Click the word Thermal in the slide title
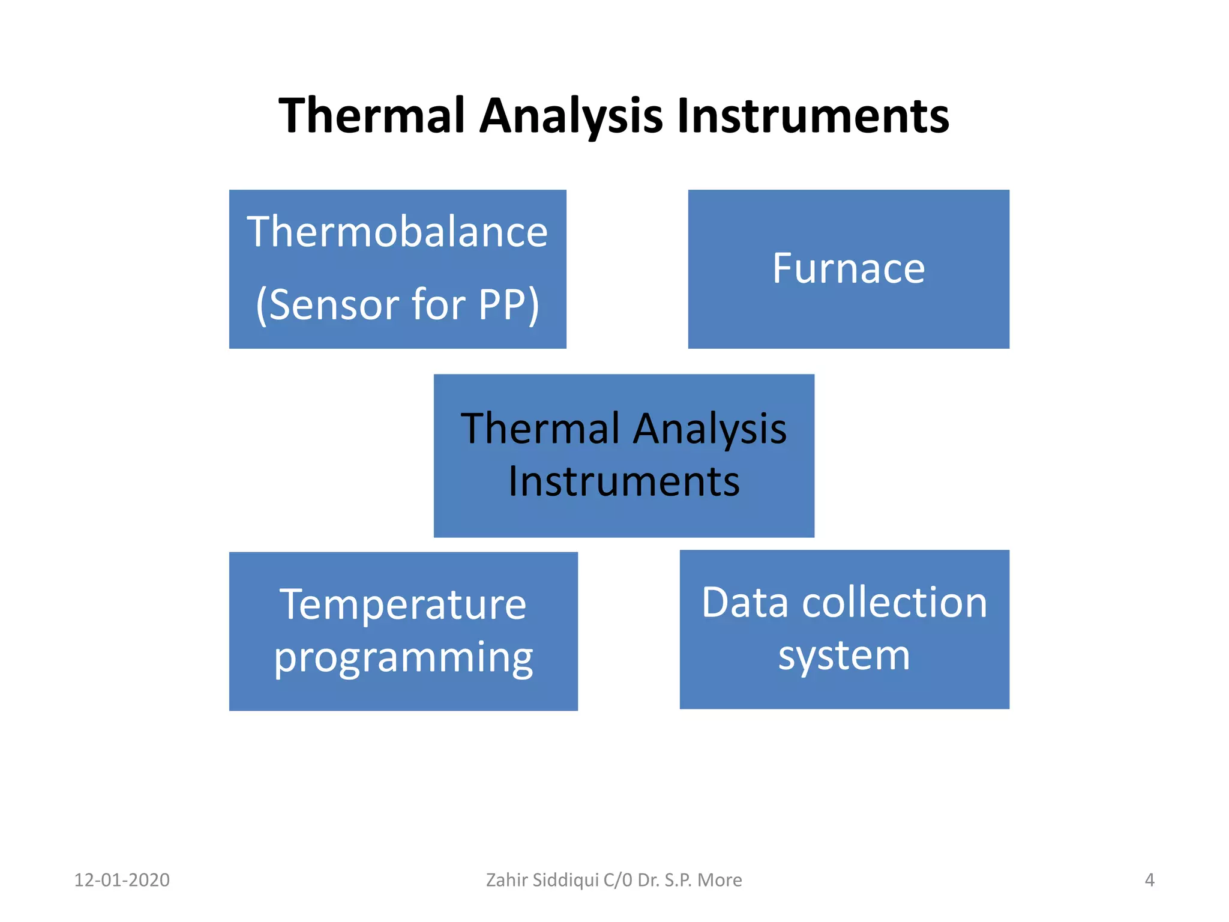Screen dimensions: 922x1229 click(x=372, y=115)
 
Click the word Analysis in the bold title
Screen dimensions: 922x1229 click(x=571, y=115)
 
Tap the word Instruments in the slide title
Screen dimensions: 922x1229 click(x=813, y=115)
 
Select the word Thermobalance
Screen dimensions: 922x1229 click(x=397, y=232)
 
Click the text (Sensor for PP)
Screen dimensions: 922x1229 click(x=397, y=305)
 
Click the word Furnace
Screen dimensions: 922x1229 click(x=848, y=268)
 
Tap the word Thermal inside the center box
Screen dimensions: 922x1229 click(x=540, y=429)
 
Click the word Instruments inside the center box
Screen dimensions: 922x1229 click(x=624, y=481)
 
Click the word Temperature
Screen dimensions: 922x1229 click(x=403, y=604)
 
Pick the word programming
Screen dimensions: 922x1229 click(x=403, y=658)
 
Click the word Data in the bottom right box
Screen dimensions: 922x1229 click(x=744, y=603)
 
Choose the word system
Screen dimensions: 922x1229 click(x=844, y=655)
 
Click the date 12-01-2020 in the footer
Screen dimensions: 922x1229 click(x=122, y=880)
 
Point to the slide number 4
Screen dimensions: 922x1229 click(x=1149, y=880)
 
